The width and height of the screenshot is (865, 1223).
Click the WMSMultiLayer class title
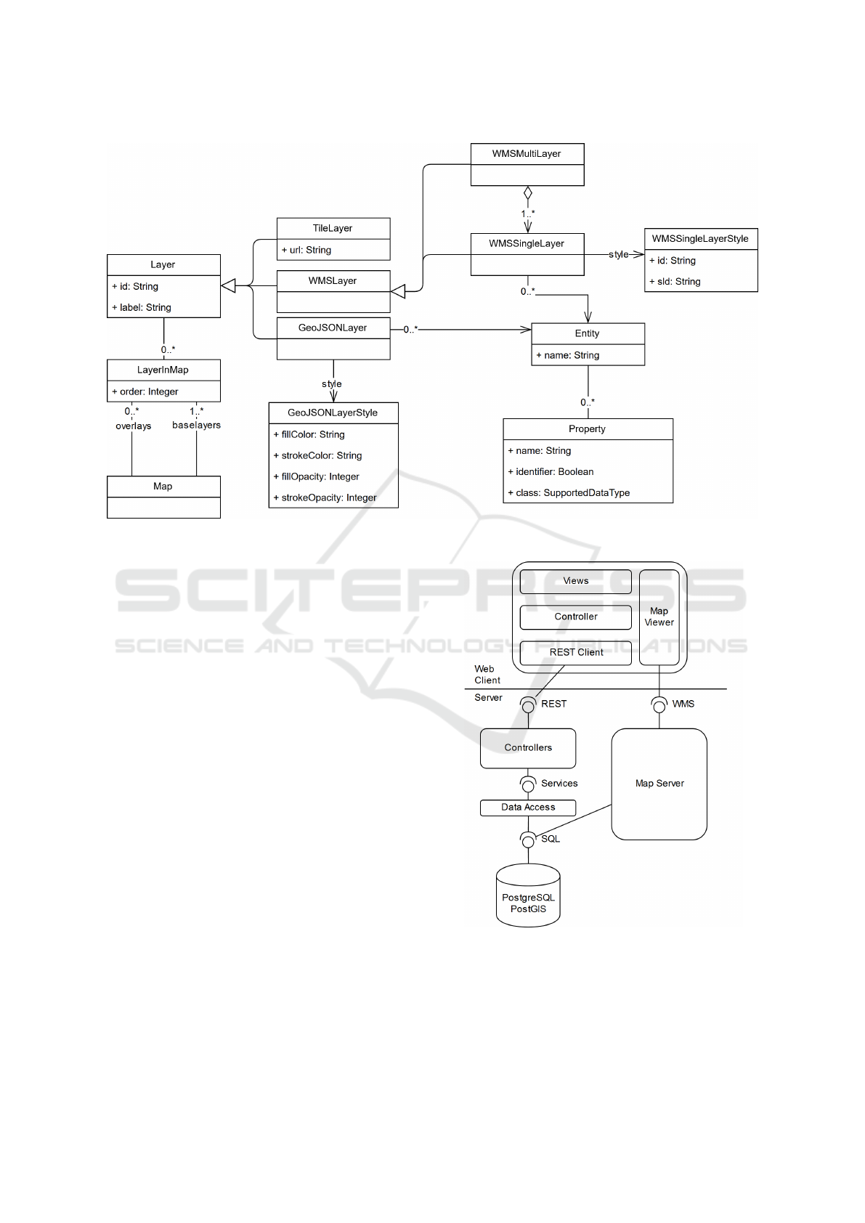[527, 154]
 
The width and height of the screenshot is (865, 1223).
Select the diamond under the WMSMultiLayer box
[528, 193]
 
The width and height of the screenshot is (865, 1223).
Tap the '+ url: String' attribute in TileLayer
[306, 250]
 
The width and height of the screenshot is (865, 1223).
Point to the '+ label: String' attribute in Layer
[142, 307]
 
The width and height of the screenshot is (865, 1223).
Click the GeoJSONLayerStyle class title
[333, 413]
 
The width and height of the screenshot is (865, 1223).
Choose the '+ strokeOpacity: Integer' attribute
[325, 497]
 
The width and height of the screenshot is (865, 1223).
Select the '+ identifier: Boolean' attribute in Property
[551, 471]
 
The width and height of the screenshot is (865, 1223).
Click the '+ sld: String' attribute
[675, 281]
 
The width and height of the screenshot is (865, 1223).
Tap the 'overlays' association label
[134, 426]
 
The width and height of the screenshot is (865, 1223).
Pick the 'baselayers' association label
[196, 425]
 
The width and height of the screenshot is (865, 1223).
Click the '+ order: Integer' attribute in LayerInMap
[145, 391]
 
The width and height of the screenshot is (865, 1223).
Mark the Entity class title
[588, 333]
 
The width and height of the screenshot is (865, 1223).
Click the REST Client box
[576, 652]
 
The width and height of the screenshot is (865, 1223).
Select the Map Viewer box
[659, 617]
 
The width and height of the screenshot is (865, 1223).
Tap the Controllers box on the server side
[528, 748]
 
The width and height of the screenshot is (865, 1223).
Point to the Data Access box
[528, 807]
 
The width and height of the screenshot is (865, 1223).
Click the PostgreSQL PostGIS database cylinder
[528, 898]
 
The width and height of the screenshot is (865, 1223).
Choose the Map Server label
[659, 784]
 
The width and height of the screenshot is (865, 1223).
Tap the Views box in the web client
[576, 581]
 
